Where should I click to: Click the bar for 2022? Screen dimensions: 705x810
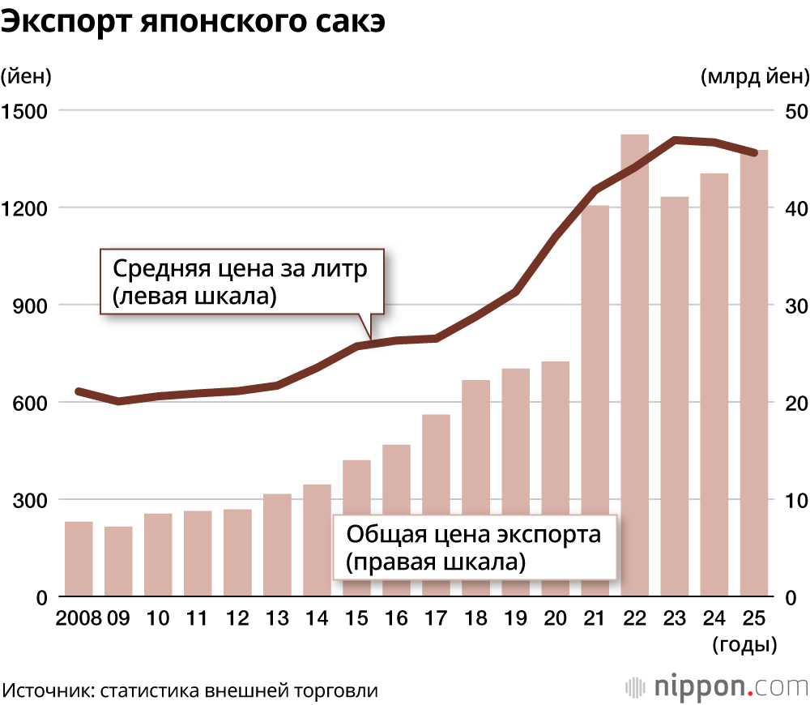pos(634,365)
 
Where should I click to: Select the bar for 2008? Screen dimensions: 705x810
pos(79,559)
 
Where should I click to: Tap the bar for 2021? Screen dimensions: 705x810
pos(595,401)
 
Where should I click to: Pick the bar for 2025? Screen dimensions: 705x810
pos(753,374)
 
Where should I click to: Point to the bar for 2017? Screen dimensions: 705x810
pos(436,506)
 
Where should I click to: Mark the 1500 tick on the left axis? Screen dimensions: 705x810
pos(26,110)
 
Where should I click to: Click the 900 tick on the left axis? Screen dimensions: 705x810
pos(31,305)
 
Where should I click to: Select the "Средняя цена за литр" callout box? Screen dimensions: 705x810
pos(241,282)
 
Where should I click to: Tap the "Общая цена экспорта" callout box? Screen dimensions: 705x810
pos(475,547)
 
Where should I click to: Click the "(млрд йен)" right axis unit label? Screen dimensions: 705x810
pos(754,77)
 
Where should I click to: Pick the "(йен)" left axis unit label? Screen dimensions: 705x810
pos(26,77)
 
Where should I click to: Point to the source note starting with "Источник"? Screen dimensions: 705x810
pos(191,690)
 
